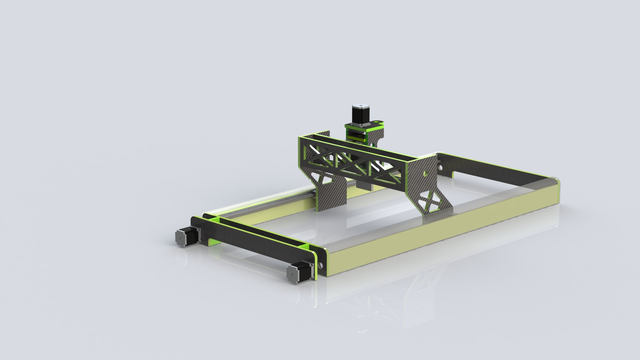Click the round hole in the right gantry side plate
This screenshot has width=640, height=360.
pos(426,173)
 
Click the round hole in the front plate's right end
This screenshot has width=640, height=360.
pos(320,265)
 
